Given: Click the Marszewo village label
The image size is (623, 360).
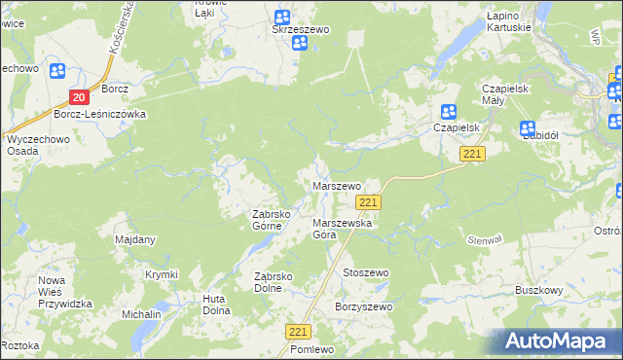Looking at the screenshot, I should (x=336, y=185).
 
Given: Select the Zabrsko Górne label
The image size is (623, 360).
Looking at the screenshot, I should (x=267, y=220).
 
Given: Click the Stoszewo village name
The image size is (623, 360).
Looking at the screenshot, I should (x=365, y=273).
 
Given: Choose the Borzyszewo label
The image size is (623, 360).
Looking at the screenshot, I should (x=362, y=307).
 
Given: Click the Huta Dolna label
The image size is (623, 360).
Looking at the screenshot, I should (x=216, y=305).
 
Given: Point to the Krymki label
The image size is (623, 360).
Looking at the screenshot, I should (x=162, y=274).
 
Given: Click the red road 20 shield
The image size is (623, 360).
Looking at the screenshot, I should (x=80, y=96).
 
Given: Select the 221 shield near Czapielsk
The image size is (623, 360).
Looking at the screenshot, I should (x=473, y=155).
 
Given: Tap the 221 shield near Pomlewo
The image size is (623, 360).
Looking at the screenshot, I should (x=299, y=332).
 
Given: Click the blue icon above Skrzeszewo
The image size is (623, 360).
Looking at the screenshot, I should (x=282, y=17).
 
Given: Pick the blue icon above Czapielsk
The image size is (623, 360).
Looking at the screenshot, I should (x=448, y=112).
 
